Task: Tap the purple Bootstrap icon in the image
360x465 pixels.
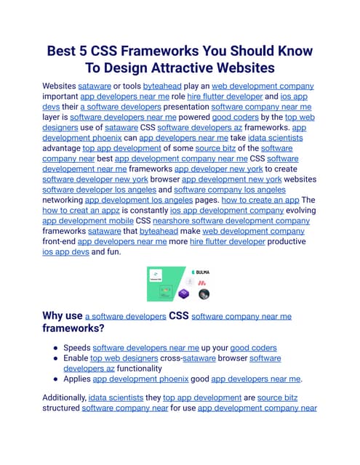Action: [185, 294]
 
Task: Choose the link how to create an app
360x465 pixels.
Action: [252, 198]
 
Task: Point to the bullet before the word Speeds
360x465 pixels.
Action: [55, 347]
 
